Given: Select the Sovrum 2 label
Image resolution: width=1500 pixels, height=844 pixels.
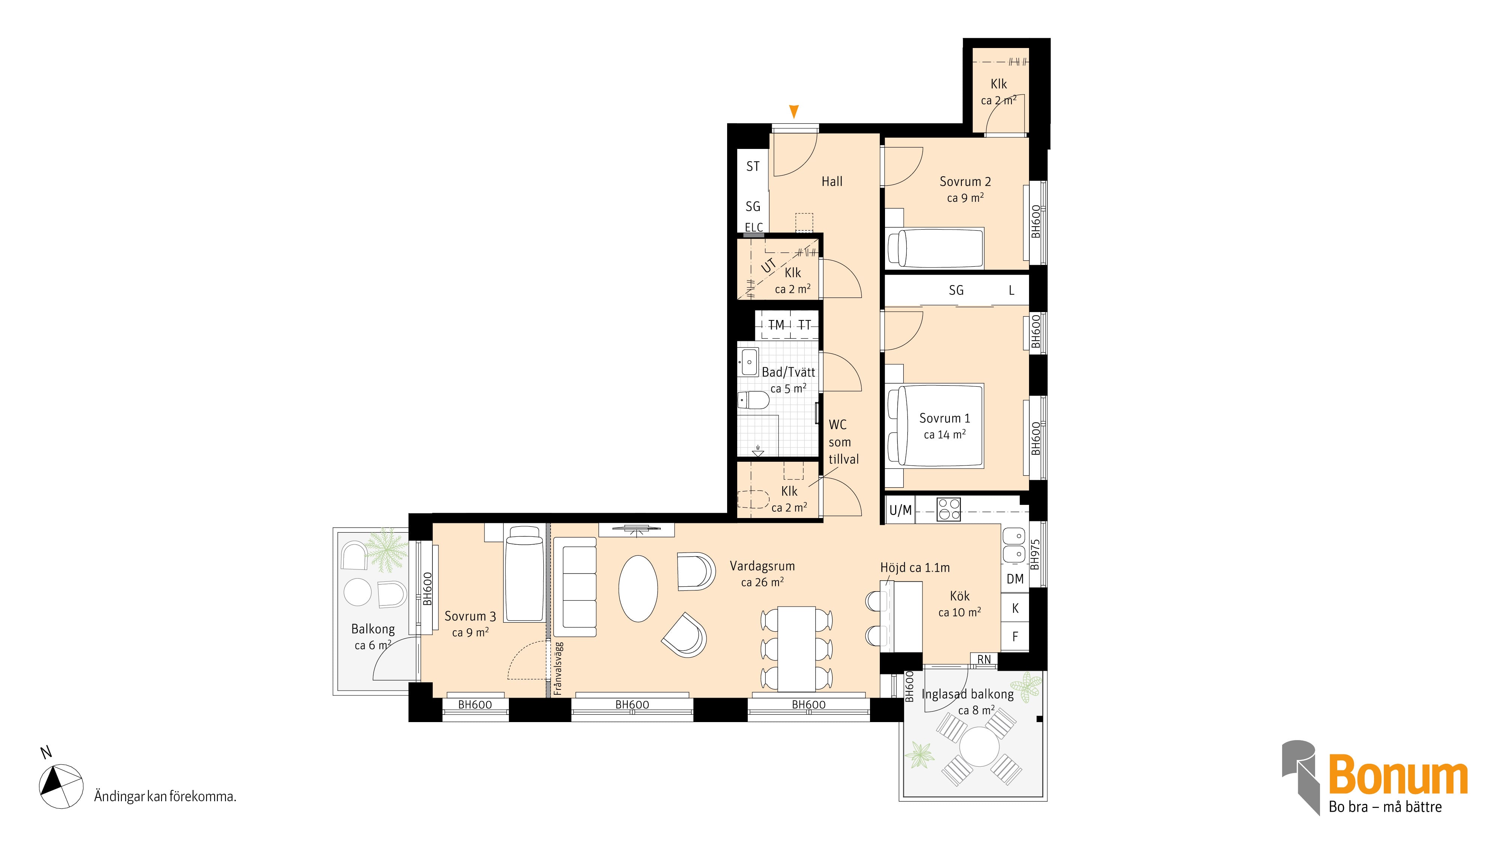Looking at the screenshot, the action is (965, 182).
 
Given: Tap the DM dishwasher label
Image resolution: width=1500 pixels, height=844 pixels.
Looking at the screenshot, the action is (1015, 579).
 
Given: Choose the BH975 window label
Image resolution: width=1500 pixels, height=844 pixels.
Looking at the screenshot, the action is (1034, 554).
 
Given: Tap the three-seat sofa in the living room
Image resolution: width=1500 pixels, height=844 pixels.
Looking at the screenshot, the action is (575, 587).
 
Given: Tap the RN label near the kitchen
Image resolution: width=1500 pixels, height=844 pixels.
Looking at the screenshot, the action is (984, 660).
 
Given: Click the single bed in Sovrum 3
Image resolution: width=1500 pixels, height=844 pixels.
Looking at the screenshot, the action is (525, 574).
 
